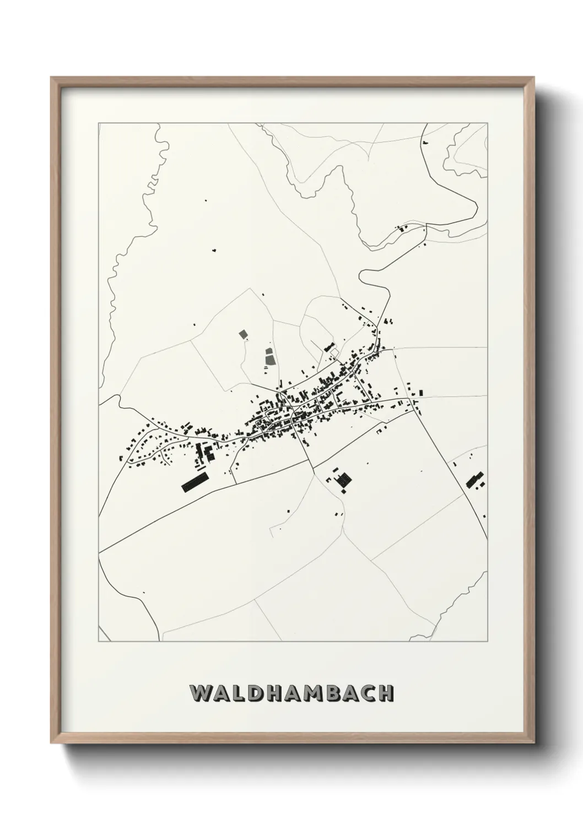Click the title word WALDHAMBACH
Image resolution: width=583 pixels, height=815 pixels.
click(291, 693)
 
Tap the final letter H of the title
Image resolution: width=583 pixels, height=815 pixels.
click(387, 693)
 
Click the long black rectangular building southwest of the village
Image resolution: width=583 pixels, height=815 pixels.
click(195, 481)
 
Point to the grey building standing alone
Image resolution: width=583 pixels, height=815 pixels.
click(242, 334)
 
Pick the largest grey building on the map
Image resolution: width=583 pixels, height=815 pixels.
click(269, 360)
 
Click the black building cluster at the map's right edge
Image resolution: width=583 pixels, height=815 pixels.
click(474, 480)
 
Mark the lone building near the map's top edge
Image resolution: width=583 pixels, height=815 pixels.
click(425, 143)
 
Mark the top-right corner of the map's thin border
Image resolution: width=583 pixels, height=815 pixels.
click(487, 123)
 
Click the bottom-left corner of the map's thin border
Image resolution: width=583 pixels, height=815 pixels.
click(99, 641)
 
